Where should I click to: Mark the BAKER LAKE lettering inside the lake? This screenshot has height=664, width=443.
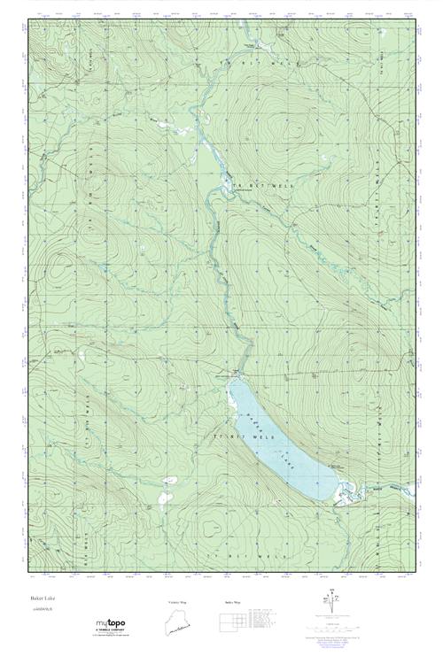click(280, 434)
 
